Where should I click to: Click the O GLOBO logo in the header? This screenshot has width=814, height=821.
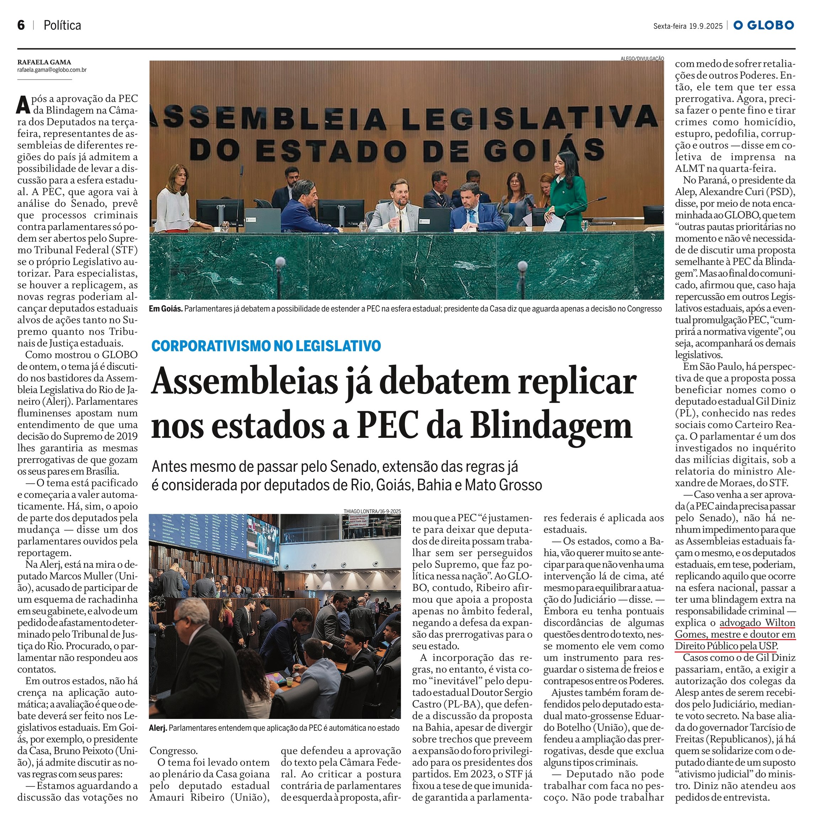[764, 26]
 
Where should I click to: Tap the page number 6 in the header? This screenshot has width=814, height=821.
[21, 26]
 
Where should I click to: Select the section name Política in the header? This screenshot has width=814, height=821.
[62, 26]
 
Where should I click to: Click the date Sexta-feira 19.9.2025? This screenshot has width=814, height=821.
[688, 26]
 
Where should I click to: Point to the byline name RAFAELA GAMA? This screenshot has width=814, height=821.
[44, 62]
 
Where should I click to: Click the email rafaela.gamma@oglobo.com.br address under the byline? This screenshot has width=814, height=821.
[52, 70]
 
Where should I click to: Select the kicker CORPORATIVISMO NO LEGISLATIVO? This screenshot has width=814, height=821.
[266, 346]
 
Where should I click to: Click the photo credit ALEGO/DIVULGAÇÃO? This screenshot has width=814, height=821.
[642, 58]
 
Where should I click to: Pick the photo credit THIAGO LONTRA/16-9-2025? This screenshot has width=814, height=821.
[372, 511]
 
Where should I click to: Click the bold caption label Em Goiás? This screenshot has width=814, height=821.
[166, 309]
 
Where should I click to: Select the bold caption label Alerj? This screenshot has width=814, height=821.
[158, 728]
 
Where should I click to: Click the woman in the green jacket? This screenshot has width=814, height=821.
[565, 195]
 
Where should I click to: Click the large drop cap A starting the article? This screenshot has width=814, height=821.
[24, 104]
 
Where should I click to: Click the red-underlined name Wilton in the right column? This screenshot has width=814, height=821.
[780, 623]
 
